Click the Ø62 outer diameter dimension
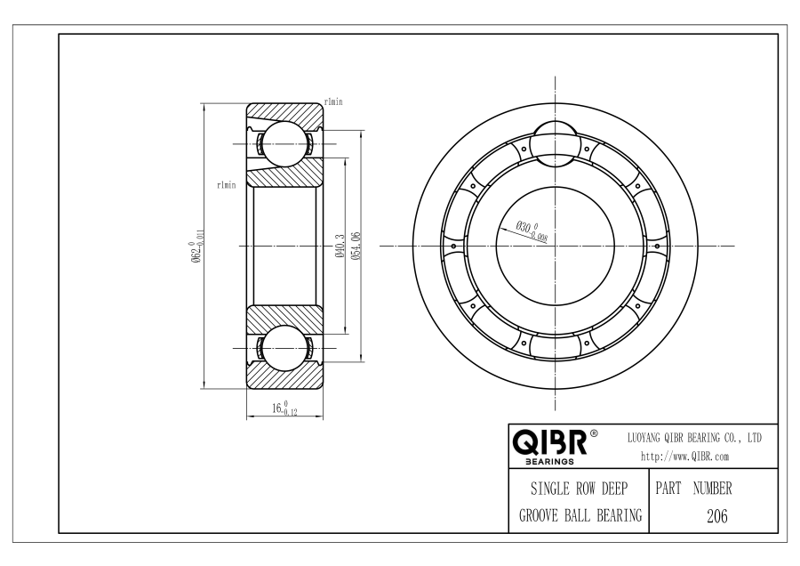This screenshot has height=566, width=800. tap(198, 247)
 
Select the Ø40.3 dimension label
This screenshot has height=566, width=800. tap(340, 247)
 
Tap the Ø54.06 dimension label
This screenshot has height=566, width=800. tap(356, 247)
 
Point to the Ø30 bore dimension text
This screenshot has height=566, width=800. tap(532, 231)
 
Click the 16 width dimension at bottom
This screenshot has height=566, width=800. tap(284, 408)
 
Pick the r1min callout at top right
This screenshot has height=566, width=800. tap(333, 101)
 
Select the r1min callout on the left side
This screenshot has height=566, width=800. tap(227, 185)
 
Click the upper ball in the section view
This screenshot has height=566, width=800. tap(284, 144)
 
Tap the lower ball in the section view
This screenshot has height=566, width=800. tap(284, 348)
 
